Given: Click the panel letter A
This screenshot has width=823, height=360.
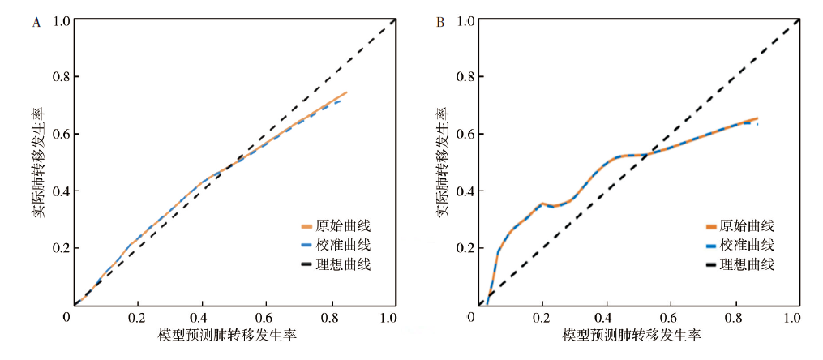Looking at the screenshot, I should (x=36, y=23).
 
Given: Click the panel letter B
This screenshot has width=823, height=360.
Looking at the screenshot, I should (x=440, y=23).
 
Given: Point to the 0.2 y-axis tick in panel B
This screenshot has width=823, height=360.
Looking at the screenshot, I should (x=467, y=248).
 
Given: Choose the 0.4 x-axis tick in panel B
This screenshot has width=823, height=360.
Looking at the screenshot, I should (x=606, y=316).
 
